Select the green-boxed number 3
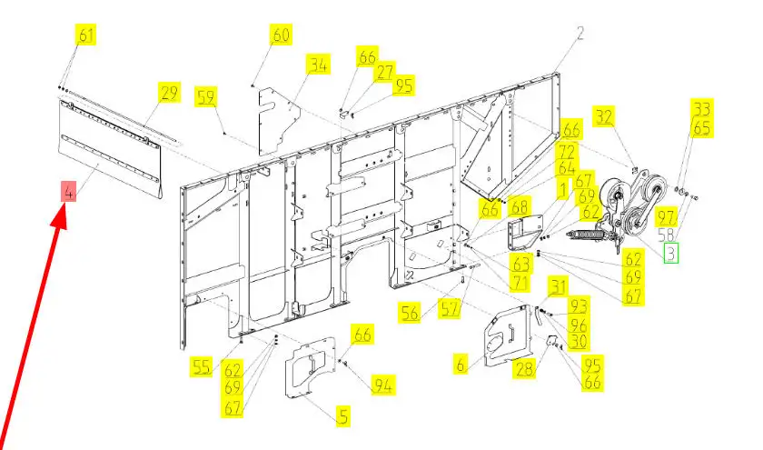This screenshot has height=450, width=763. (x=670, y=252)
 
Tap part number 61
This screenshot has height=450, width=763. (x=86, y=35)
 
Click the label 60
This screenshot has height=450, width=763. (x=280, y=35)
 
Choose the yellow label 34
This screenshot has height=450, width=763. (x=317, y=65)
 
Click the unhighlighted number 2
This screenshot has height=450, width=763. (x=580, y=34)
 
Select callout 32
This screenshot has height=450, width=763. (x=605, y=115)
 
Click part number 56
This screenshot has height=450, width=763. (x=411, y=313)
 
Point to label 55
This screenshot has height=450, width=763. (x=202, y=366)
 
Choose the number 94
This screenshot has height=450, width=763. (x=383, y=386)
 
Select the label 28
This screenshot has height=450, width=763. (x=524, y=368)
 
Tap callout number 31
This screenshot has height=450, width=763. (x=556, y=287)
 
